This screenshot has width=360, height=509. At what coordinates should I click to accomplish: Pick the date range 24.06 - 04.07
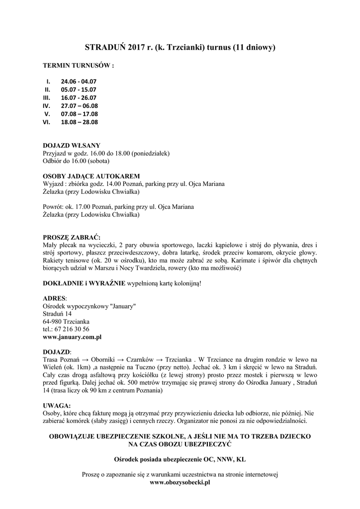click(x=79, y=81)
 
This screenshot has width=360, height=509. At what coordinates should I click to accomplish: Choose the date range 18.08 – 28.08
click(x=80, y=122)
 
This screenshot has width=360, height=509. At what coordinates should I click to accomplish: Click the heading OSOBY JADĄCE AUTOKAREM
click(x=91, y=176)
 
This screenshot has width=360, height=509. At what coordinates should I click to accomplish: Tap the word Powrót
click(x=53, y=207)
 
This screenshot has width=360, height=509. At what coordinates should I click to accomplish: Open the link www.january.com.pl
click(x=73, y=337)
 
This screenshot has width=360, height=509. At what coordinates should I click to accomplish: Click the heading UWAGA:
click(x=57, y=405)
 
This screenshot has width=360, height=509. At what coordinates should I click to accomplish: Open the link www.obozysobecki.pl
click(x=180, y=482)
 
